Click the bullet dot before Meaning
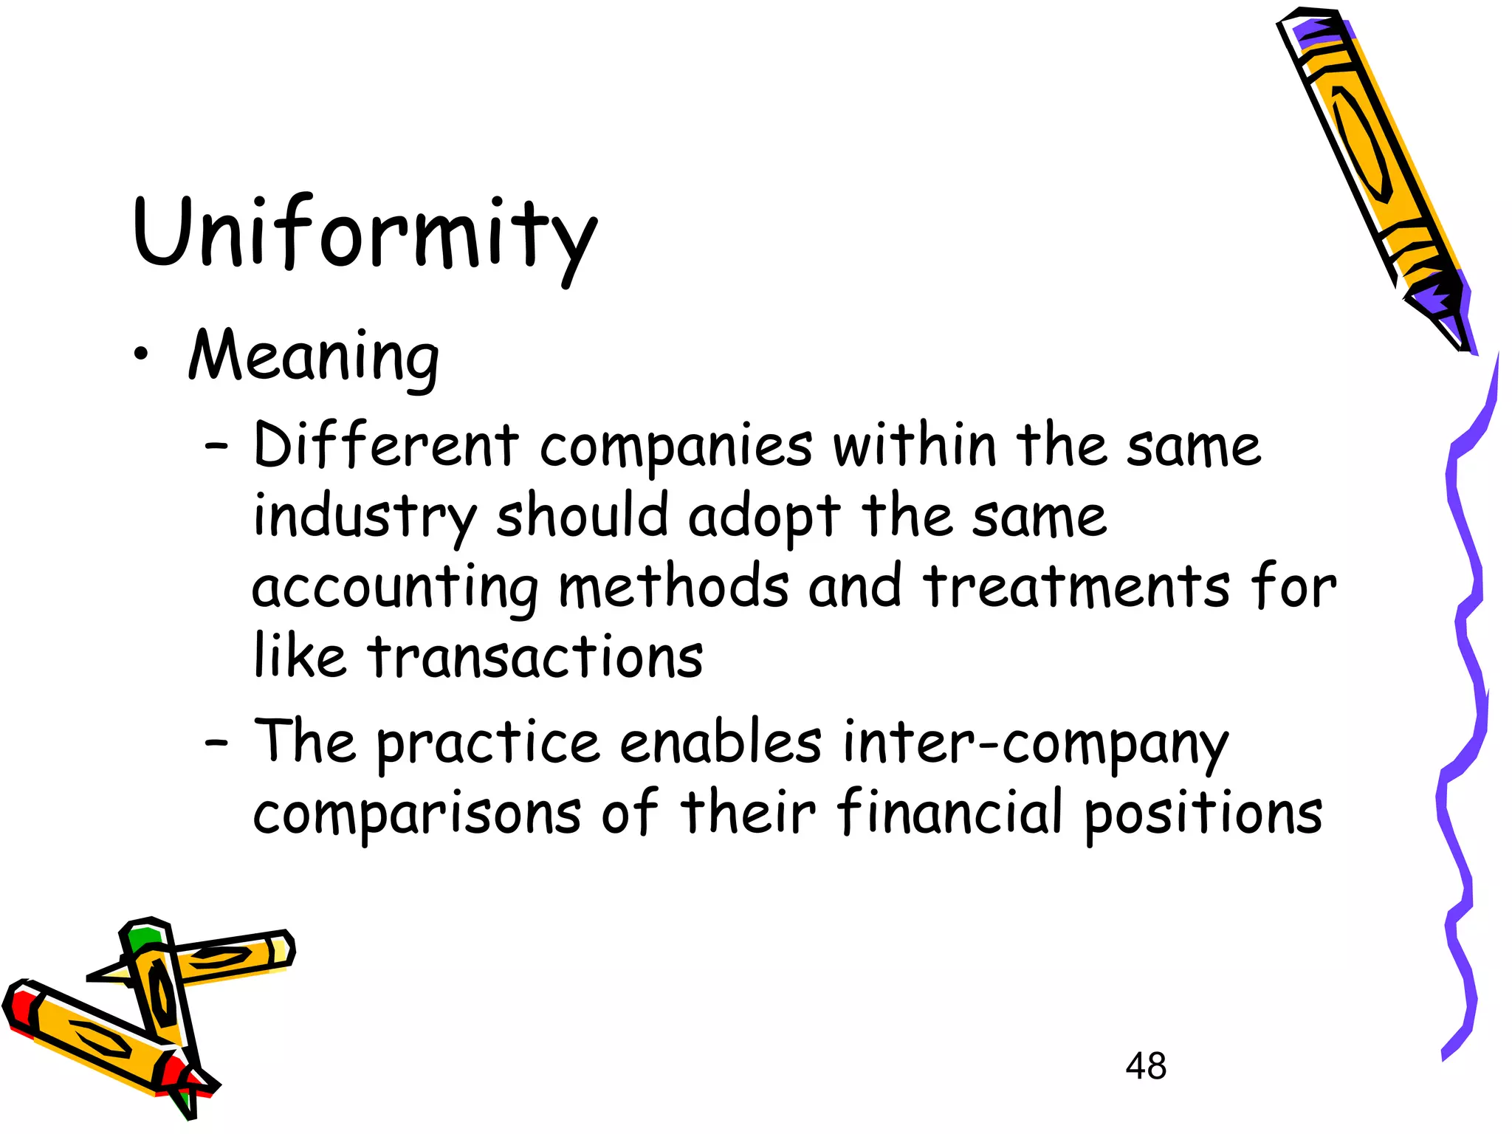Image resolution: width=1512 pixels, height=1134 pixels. click(x=140, y=355)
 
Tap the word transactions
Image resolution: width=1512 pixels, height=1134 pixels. click(x=535, y=656)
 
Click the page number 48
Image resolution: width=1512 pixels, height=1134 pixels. click(x=1146, y=1066)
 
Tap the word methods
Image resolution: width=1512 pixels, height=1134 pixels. click(x=673, y=587)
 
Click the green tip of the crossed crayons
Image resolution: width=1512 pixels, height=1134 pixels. click(x=142, y=938)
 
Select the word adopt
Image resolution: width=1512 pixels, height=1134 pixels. click(x=764, y=518)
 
